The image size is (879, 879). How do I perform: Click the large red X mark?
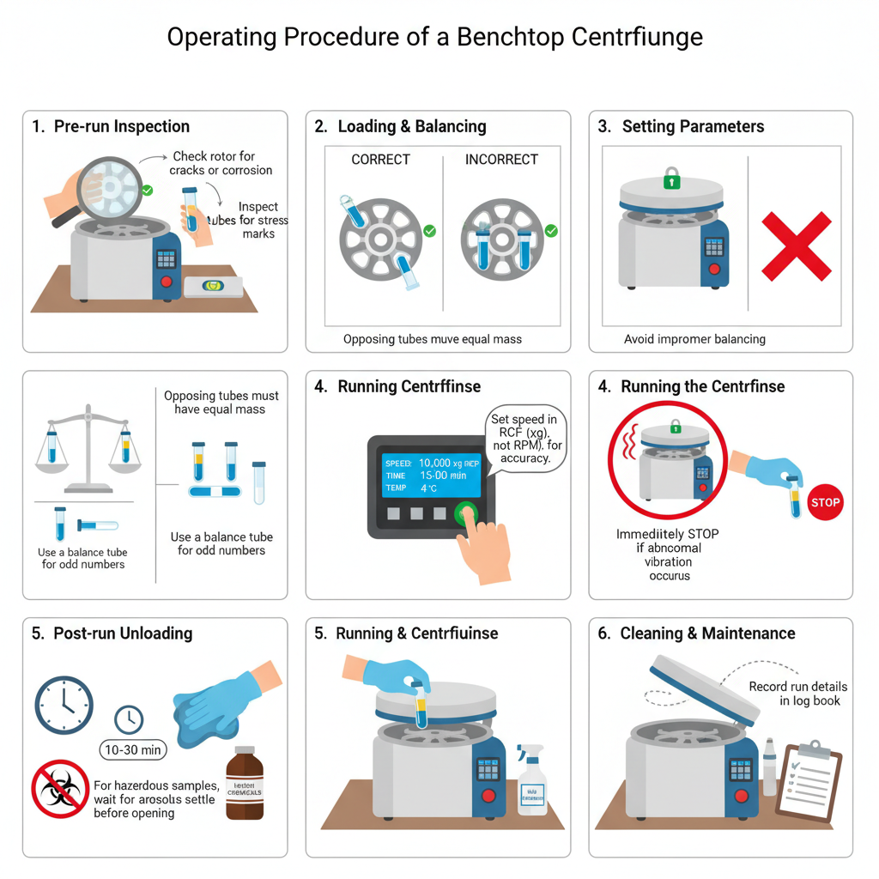pyautogui.click(x=797, y=246)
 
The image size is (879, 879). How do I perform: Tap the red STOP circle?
pyautogui.click(x=825, y=502)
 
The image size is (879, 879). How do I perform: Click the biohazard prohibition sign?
pyautogui.click(x=60, y=788)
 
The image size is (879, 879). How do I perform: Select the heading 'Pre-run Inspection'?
pyautogui.click(x=121, y=126)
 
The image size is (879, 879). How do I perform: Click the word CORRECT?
pyautogui.click(x=380, y=160)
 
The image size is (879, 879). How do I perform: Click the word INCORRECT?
pyautogui.click(x=501, y=160)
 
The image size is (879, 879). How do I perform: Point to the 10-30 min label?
pyautogui.click(x=133, y=749)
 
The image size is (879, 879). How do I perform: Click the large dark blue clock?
pyautogui.click(x=64, y=705)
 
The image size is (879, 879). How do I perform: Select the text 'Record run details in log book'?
pyautogui.click(x=797, y=694)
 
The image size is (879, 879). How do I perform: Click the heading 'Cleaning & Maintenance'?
pyautogui.click(x=708, y=633)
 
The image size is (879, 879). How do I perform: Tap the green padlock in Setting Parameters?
pyautogui.click(x=671, y=179)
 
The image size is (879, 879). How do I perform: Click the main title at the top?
pyautogui.click(x=434, y=38)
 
